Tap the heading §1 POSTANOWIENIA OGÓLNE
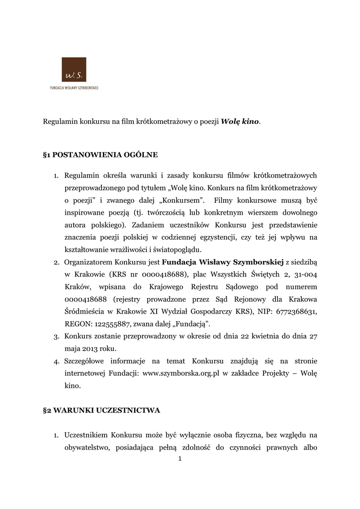[100, 155]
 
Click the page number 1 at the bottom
[180, 459]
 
